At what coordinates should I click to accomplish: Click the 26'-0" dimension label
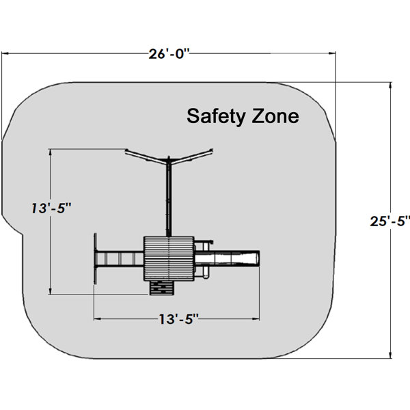click(169, 54)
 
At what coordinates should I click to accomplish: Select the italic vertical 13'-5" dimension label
click(51, 208)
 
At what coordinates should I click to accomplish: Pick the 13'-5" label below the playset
click(179, 319)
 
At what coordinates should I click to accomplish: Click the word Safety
click(217, 116)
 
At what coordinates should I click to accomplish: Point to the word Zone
click(275, 116)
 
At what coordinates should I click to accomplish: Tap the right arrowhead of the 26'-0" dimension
click(332, 53)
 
